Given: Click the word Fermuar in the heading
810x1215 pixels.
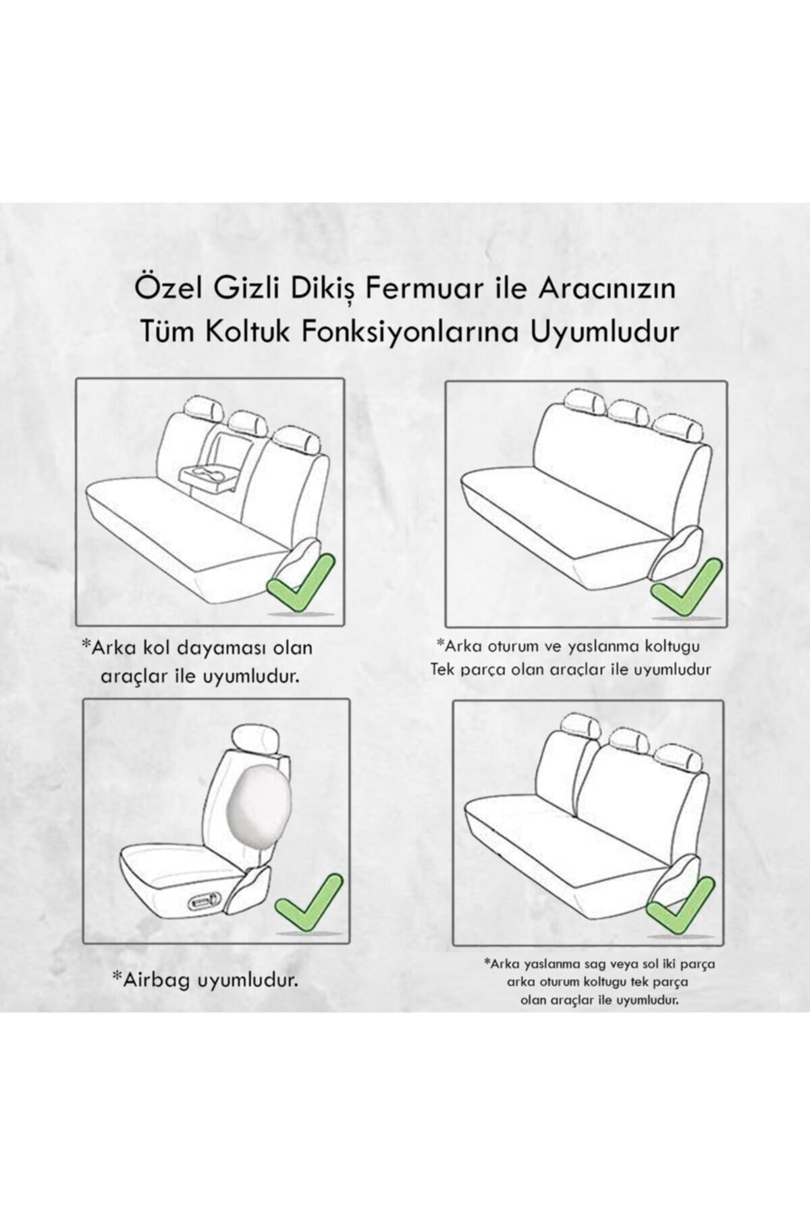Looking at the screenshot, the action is click(x=412, y=290).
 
